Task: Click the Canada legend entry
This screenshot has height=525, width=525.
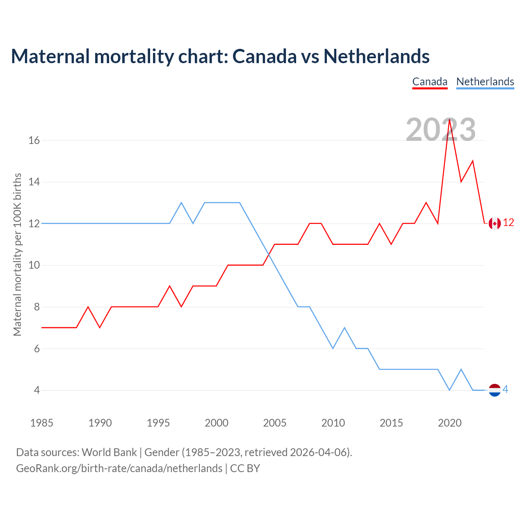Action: tap(429, 82)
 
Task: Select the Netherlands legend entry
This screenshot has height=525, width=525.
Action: tap(485, 82)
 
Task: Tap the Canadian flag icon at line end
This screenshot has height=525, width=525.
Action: tap(495, 223)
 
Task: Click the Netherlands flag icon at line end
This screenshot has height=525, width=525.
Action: tap(495, 390)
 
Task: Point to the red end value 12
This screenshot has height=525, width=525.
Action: tap(508, 223)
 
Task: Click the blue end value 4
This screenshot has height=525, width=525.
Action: tap(505, 390)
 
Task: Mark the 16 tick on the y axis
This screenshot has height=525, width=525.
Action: tap(34, 140)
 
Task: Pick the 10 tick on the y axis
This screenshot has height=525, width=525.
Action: tap(34, 265)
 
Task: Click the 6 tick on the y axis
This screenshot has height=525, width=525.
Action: tap(37, 349)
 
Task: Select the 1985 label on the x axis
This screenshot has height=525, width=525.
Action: tap(42, 423)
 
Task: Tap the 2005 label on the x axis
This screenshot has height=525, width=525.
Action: tap(275, 423)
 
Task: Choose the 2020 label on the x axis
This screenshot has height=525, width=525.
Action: tap(450, 423)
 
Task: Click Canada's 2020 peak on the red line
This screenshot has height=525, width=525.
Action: tap(450, 119)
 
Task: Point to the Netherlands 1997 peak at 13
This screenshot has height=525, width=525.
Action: tap(181, 203)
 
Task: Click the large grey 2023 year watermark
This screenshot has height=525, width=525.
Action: tap(441, 130)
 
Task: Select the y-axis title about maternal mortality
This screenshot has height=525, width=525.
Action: tap(17, 254)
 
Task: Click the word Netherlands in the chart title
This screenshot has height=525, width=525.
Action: tap(376, 56)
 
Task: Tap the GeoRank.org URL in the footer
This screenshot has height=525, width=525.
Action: tap(119, 468)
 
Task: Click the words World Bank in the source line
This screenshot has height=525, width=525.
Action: tap(109, 452)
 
